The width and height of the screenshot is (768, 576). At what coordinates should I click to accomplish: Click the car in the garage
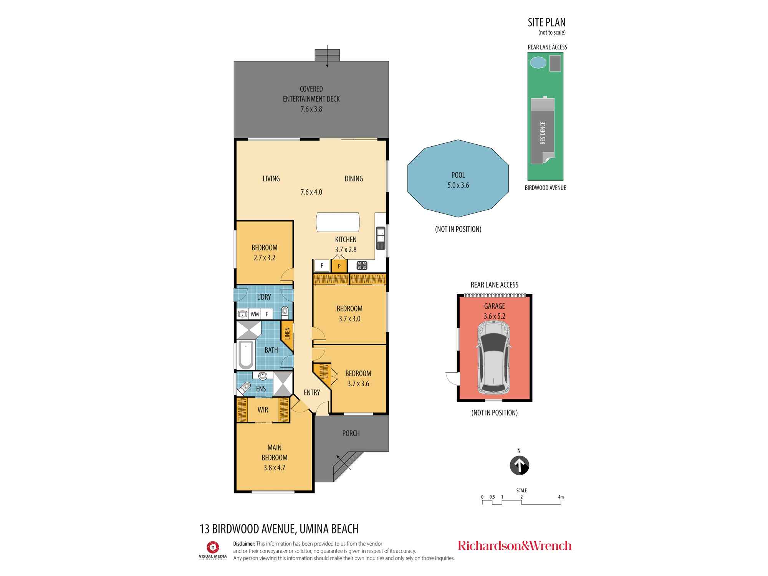pyautogui.click(x=494, y=358)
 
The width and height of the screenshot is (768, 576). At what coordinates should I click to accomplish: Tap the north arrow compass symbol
pyautogui.click(x=519, y=465)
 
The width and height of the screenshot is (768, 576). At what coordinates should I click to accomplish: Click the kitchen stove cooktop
pyautogui.click(x=362, y=265)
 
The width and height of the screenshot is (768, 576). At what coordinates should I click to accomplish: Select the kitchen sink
pyautogui.click(x=381, y=235)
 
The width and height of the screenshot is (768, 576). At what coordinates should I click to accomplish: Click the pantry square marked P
pyautogui.click(x=339, y=266)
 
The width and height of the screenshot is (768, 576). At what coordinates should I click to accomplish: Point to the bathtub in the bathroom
pyautogui.click(x=246, y=355)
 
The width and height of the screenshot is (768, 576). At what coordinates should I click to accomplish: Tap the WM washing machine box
pyautogui.click(x=255, y=314)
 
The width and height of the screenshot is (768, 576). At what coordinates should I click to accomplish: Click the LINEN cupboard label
pyautogui.click(x=287, y=333)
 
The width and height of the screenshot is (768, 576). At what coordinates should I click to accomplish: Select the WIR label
pyautogui.click(x=263, y=410)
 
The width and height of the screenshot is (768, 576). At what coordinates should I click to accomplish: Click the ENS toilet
pyautogui.click(x=244, y=388)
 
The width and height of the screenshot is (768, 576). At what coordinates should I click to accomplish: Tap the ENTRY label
pyautogui.click(x=312, y=392)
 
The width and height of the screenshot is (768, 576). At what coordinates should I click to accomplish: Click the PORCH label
pyautogui.click(x=351, y=433)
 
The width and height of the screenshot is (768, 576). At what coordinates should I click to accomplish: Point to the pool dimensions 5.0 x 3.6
pyautogui.click(x=458, y=185)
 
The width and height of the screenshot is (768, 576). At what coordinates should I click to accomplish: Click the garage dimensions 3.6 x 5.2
pyautogui.click(x=495, y=316)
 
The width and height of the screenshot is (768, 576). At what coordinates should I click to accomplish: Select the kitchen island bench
pyautogui.click(x=338, y=222)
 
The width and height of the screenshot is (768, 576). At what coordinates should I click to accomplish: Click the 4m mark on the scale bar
pyautogui.click(x=561, y=497)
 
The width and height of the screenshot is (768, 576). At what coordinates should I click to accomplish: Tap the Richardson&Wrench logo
pyautogui.click(x=515, y=546)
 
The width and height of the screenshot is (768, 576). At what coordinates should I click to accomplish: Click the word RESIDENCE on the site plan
pyautogui.click(x=543, y=133)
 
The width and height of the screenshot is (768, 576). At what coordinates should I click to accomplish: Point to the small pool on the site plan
pyautogui.click(x=538, y=63)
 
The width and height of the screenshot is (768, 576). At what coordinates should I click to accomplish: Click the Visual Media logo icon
pyautogui.click(x=213, y=547)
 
